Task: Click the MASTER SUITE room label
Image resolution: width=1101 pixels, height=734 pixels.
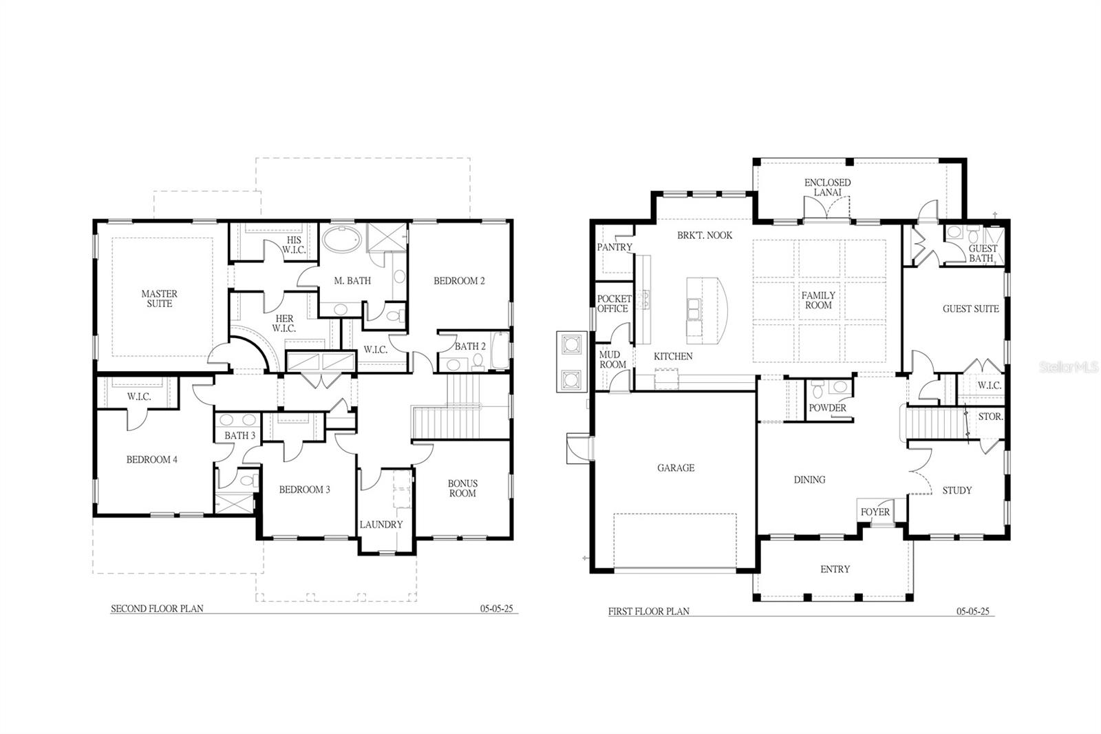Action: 159,299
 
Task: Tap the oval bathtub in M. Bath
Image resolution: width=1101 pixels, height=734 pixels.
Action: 342,240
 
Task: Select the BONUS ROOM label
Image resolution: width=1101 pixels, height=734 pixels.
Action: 462,488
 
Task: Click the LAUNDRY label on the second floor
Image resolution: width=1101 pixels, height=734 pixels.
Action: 381,525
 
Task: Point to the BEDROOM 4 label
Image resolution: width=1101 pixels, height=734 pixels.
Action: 152,460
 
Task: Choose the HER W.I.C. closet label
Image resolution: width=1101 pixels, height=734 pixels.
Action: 284,324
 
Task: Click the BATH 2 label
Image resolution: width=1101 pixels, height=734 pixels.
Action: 471,346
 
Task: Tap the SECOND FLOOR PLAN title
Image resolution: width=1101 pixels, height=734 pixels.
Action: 157,609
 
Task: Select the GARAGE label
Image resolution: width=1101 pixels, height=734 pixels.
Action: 676,468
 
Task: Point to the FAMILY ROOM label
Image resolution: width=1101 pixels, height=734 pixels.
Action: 818,300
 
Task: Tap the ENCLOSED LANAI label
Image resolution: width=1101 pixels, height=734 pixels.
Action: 827,187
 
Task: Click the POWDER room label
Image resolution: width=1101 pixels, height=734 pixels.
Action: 827,408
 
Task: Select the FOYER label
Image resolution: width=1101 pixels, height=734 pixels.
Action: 875,512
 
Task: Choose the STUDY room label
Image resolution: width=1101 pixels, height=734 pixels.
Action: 956,490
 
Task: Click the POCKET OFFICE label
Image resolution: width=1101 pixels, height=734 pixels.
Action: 614,304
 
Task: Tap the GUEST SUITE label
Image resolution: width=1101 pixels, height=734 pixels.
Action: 970,309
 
